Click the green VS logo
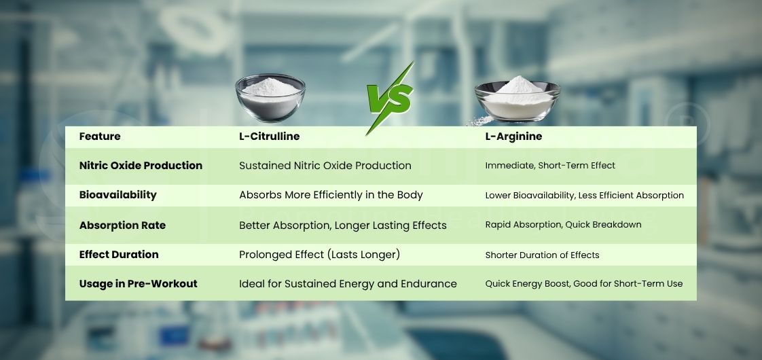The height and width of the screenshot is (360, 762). click(390, 99)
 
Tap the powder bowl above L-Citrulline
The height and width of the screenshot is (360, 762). click(270, 98)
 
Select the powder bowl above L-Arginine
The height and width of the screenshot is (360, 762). click(517, 99)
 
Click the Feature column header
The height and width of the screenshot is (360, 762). click(100, 137)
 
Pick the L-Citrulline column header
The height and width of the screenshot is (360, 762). click(269, 137)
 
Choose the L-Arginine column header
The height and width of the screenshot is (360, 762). click(513, 137)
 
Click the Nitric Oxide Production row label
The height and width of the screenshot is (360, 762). click(141, 166)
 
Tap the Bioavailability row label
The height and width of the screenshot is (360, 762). click(117, 195)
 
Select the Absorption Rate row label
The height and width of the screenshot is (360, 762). click(122, 225)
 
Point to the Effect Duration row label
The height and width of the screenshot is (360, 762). click(119, 255)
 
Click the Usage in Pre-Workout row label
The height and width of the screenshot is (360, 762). click(138, 284)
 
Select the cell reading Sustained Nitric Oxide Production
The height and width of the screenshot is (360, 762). click(325, 166)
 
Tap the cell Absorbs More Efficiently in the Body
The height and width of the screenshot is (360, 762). click(331, 195)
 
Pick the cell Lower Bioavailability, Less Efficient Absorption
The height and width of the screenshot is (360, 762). click(584, 196)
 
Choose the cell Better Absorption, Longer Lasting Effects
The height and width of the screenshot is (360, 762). click(342, 225)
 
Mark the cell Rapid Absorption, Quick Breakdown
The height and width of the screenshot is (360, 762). click(563, 225)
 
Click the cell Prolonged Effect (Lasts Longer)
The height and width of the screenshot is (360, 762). click(319, 255)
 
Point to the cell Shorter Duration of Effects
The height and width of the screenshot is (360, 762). click(542, 255)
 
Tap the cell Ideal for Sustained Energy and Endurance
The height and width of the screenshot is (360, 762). click(348, 284)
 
